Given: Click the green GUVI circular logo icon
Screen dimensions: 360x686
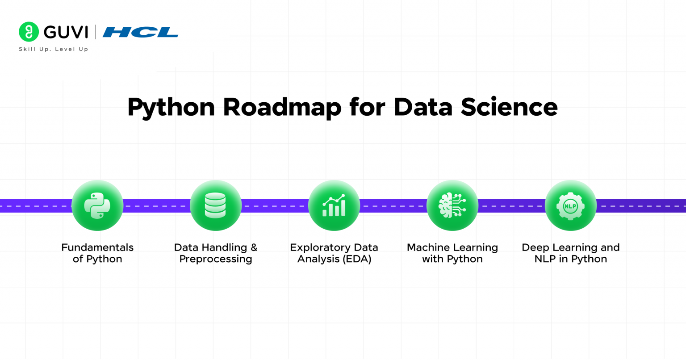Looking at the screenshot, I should pyautogui.click(x=29, y=32).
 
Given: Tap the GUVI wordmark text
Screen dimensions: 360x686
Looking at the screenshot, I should pyautogui.click(x=66, y=32).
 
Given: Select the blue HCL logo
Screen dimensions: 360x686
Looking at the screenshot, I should pyautogui.click(x=140, y=32).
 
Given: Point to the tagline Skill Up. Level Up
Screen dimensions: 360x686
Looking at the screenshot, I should pyautogui.click(x=53, y=49).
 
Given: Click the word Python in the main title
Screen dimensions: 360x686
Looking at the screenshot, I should pyautogui.click(x=171, y=108).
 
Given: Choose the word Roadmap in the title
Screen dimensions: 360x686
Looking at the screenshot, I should pyautogui.click(x=282, y=107).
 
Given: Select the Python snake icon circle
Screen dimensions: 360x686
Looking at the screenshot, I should pyautogui.click(x=97, y=205).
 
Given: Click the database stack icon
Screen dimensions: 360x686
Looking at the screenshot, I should pyautogui.click(x=216, y=205).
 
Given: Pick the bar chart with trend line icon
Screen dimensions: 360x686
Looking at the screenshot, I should pyautogui.click(x=334, y=205).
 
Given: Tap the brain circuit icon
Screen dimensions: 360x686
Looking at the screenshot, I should pyautogui.click(x=452, y=205).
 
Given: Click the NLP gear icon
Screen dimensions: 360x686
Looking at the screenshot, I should pyautogui.click(x=571, y=205).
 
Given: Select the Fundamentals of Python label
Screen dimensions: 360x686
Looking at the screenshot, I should pyautogui.click(x=97, y=253).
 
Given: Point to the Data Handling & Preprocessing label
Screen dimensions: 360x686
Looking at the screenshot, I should pyautogui.click(x=216, y=253).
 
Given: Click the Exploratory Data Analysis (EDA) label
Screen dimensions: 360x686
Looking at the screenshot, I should pyautogui.click(x=334, y=253).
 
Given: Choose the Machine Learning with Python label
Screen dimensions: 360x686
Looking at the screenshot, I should pyautogui.click(x=452, y=253).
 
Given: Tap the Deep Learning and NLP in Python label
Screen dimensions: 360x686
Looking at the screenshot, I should pyautogui.click(x=571, y=253).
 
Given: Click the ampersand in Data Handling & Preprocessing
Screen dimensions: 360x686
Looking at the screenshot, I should pyautogui.click(x=254, y=247).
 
